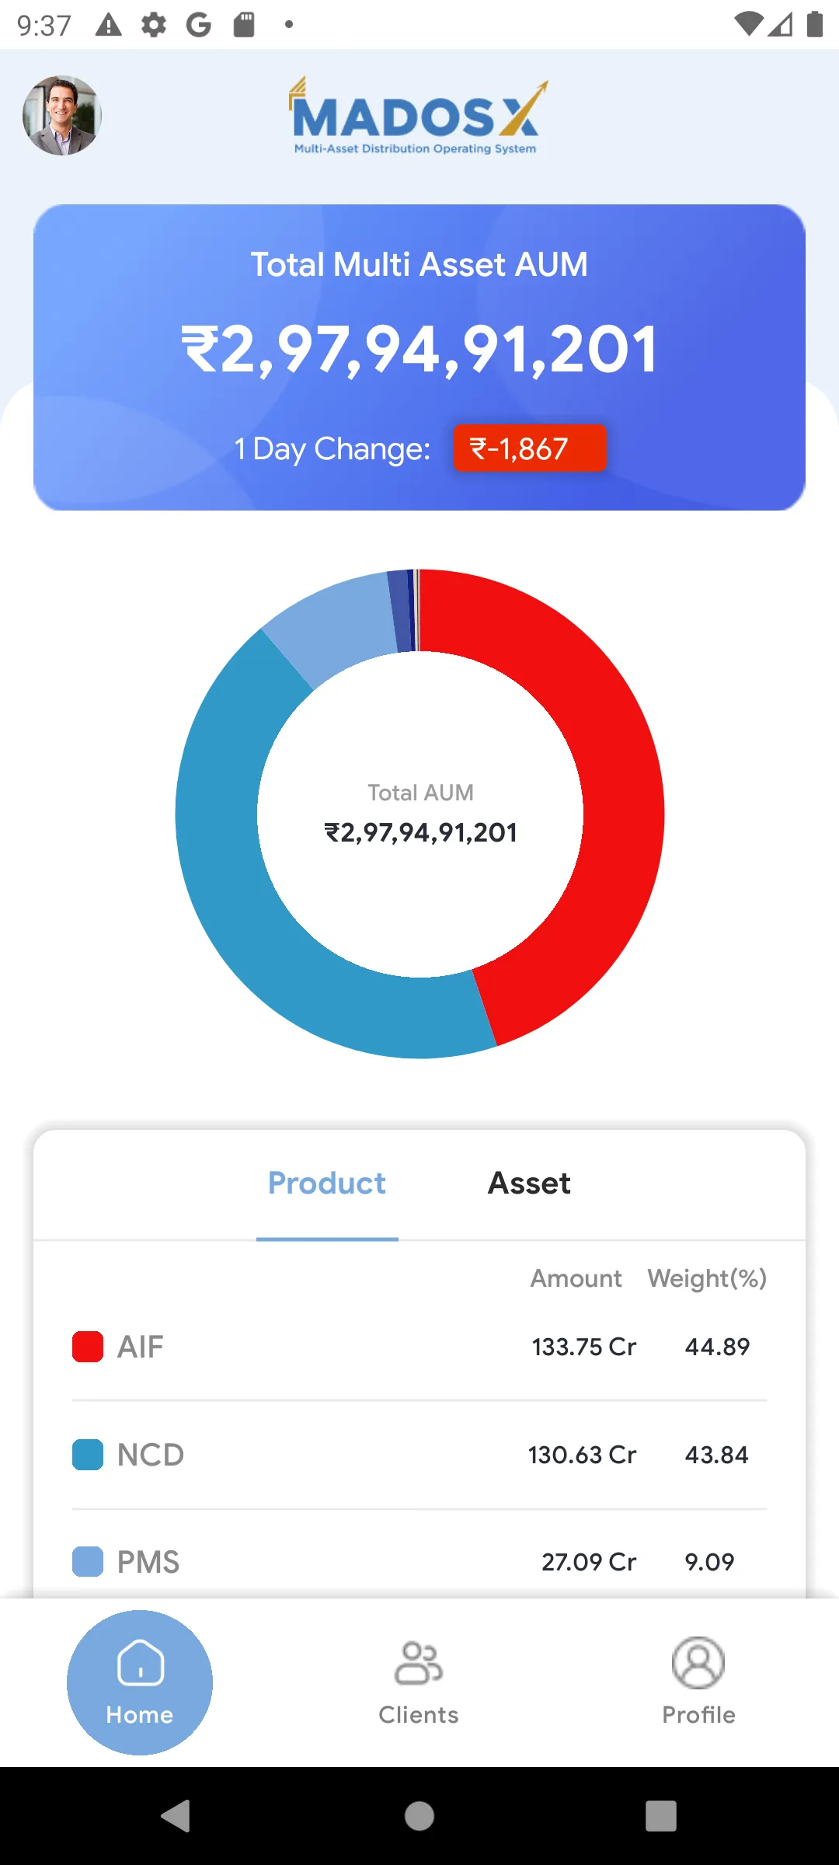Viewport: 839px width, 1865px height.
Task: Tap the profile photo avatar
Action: pos(62,115)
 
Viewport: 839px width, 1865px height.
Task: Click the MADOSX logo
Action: pos(418,117)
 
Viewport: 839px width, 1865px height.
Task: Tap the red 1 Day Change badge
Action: pos(529,448)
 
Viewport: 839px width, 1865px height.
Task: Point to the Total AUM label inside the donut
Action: pos(420,793)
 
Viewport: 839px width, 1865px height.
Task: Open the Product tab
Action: pos(327,1183)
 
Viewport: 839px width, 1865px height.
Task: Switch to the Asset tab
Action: pos(529,1183)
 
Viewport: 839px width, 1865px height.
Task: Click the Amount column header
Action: pos(576,1278)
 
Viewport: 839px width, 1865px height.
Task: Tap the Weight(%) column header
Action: pos(707,1278)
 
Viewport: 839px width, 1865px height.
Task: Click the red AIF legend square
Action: pos(88,1347)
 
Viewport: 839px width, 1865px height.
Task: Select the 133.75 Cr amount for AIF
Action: pos(583,1347)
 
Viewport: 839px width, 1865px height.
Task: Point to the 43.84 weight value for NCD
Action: pos(716,1455)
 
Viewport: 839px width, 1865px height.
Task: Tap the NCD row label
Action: pos(151,1455)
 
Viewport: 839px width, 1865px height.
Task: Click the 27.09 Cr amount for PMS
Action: pos(589,1562)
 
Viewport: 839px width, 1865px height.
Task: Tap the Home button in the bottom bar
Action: pos(140,1682)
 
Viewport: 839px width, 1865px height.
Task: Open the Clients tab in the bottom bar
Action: pos(419,1682)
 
